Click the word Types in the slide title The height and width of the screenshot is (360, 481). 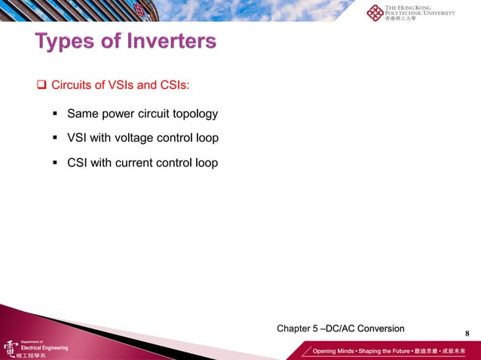point(65,41)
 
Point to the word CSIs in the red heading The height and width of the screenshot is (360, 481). point(174,84)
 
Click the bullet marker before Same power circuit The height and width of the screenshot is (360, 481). point(55,114)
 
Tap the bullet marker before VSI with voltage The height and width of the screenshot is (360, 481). point(55,139)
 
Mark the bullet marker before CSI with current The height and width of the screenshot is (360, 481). point(55,163)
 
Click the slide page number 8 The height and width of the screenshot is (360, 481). point(467,334)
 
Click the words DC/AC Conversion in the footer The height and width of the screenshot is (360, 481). point(371,328)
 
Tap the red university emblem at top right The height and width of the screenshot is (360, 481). point(375,13)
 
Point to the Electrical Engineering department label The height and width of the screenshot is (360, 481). point(44,348)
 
